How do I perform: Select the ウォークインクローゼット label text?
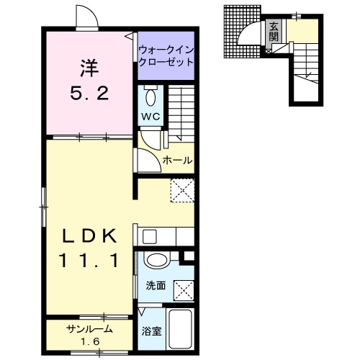[x=166, y=56]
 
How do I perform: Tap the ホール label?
[x=177, y=160]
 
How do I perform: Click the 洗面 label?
[x=156, y=286]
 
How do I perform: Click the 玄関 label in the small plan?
[x=274, y=32]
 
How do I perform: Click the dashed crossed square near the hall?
[x=181, y=191]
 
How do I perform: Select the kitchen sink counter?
[x=166, y=236]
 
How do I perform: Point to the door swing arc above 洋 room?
[x=83, y=17]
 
